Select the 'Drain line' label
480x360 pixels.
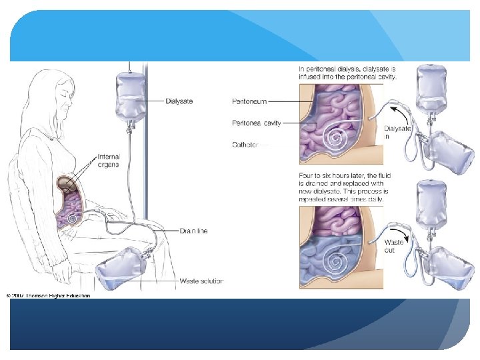(193, 231)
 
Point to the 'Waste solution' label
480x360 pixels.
(201, 281)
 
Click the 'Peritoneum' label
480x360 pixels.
(249, 101)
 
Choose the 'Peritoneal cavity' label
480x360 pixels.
(256, 123)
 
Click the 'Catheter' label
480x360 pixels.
(246, 143)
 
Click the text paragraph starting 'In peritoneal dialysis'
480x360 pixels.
(347, 73)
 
